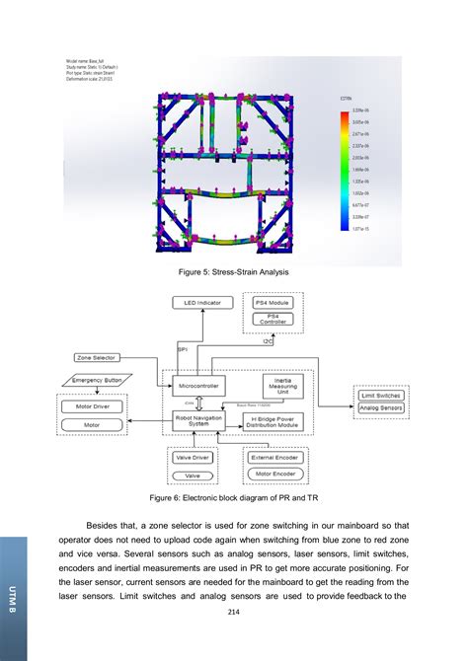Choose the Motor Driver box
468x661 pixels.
pyautogui.click(x=92, y=405)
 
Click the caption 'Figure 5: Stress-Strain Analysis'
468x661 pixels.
pyautogui.click(x=234, y=272)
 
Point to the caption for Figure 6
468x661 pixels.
pyautogui.click(x=234, y=498)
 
